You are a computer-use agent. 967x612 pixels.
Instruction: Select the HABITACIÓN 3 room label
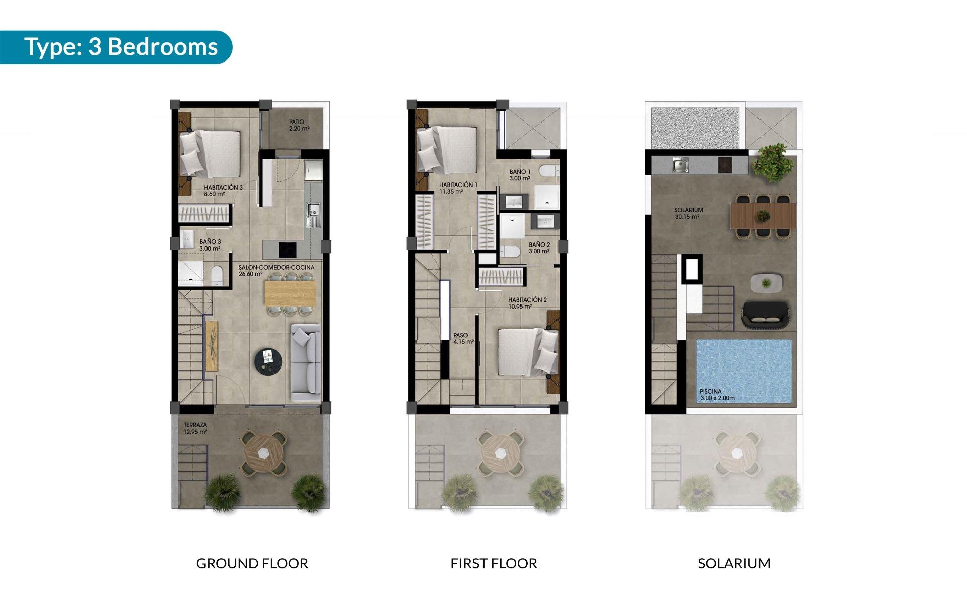point(223,190)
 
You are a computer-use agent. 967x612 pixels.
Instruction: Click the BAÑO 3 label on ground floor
point(210,245)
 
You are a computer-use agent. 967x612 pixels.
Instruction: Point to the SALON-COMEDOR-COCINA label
point(276,271)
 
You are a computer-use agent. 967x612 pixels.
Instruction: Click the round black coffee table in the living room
point(268,361)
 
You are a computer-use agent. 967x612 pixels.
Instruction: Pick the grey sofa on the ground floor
point(306,365)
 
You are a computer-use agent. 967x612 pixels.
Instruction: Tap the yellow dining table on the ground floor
point(291,293)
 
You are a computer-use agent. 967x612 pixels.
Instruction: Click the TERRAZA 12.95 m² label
point(195,429)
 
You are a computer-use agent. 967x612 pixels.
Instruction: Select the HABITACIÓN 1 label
point(458,188)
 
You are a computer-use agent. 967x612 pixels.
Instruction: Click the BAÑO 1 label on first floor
point(520,175)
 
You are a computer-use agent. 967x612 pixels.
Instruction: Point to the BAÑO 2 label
point(539,248)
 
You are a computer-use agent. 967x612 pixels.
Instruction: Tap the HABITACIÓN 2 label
point(527,303)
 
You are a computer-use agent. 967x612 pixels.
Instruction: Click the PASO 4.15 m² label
point(463,338)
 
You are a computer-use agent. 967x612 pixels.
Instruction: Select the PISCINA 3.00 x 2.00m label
point(717,394)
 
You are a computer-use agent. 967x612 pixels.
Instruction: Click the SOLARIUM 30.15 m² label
point(688,213)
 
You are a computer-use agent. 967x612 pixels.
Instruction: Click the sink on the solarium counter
point(680,164)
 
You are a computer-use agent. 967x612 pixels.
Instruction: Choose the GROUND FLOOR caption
point(252,563)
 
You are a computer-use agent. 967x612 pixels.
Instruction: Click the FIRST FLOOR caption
point(494,563)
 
